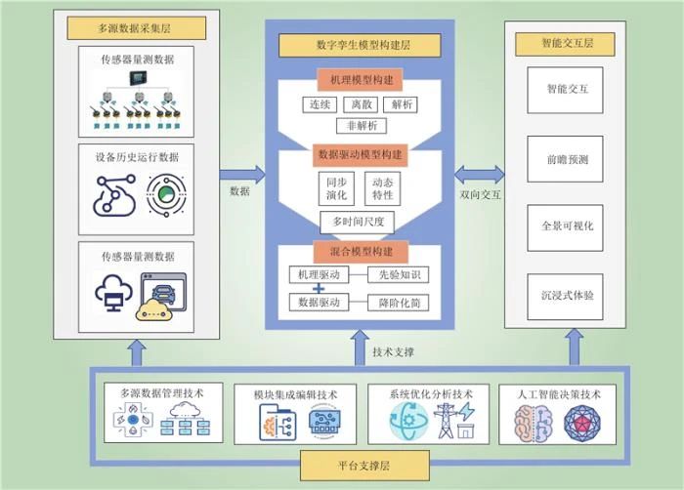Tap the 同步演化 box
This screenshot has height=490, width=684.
click(334, 188)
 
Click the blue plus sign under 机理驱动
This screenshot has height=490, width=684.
click(317, 290)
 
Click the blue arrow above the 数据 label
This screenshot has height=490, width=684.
click(241, 175)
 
